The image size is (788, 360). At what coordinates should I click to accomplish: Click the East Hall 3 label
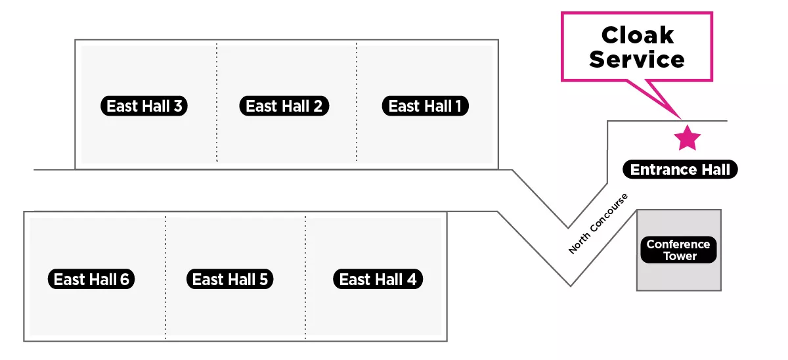(x=144, y=106)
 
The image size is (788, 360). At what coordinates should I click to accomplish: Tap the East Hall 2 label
(x=284, y=106)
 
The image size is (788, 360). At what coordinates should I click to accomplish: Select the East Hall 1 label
(x=426, y=106)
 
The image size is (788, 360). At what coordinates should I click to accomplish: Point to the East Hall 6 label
(x=91, y=279)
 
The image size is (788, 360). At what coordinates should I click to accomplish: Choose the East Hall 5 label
(x=230, y=279)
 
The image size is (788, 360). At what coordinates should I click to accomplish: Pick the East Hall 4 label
(x=378, y=279)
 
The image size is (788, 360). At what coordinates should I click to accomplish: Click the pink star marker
(x=687, y=138)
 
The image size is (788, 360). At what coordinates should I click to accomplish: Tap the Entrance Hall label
(x=680, y=169)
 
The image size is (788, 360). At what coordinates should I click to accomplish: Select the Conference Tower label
(x=678, y=250)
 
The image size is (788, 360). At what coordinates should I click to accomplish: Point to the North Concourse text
(x=598, y=224)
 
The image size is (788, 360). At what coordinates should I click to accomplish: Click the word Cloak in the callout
(x=638, y=35)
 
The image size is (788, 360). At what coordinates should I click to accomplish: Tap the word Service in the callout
(x=637, y=59)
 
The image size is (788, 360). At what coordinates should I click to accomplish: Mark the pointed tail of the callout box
(x=680, y=119)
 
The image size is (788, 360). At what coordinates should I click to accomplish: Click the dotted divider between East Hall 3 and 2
(x=217, y=102)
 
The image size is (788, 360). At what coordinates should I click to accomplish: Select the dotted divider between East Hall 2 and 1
(x=357, y=102)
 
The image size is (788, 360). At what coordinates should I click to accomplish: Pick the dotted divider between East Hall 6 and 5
(x=165, y=277)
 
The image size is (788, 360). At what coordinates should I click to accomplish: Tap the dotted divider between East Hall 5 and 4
(x=305, y=277)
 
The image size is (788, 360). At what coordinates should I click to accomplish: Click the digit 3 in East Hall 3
(x=178, y=106)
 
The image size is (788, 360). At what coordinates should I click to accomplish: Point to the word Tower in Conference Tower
(x=680, y=256)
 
